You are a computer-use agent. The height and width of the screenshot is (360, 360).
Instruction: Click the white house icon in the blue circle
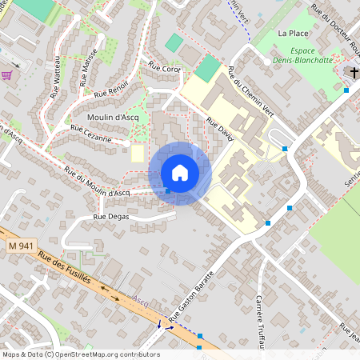(x=180, y=173)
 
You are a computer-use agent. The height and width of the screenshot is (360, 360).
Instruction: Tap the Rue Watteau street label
(x=56, y=79)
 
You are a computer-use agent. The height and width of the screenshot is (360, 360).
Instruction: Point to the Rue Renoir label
(x=111, y=93)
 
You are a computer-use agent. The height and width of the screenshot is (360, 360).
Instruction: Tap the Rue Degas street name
(x=111, y=216)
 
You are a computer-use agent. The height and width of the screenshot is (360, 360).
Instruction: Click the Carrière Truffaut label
(x=259, y=321)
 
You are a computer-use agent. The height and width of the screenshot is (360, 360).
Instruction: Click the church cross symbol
(x=353, y=73)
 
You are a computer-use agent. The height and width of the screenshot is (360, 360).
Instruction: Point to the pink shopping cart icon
(x=8, y=75)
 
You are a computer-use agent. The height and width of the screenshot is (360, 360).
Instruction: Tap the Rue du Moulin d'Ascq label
(x=97, y=183)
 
